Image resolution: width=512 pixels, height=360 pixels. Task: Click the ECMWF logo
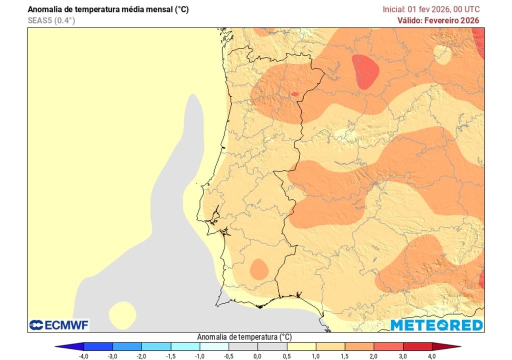(x=59, y=325)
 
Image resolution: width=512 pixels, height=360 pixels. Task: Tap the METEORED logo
(x=436, y=325)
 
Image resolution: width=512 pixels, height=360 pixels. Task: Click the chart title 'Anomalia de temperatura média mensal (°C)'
(x=108, y=9)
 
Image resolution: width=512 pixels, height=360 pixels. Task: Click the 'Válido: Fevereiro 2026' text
(x=438, y=20)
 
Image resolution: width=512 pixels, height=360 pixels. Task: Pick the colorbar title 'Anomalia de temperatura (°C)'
(x=244, y=336)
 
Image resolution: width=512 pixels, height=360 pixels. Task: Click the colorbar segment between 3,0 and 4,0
(x=417, y=346)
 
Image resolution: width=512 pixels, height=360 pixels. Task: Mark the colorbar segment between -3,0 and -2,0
(x=127, y=346)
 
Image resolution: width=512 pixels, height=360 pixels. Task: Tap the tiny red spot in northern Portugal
(x=294, y=94)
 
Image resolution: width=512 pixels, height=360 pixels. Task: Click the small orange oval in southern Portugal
(x=259, y=269)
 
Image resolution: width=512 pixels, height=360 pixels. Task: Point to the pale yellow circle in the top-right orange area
(x=442, y=53)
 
